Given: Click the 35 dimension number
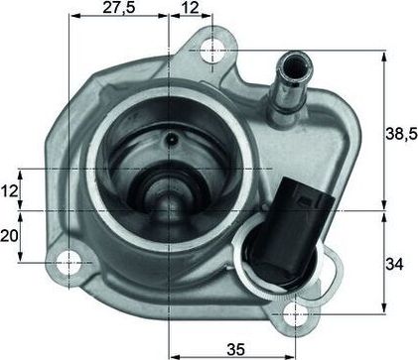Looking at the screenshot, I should click(x=234, y=347).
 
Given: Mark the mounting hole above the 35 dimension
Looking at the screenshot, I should click(x=295, y=314).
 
